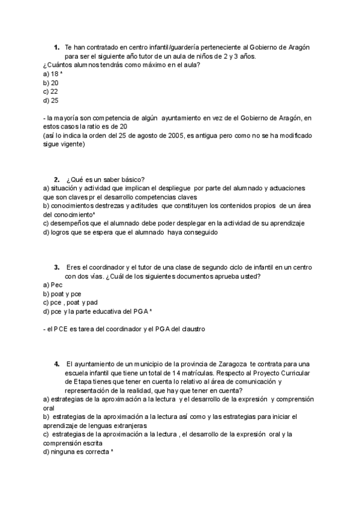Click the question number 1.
pyautogui.click(x=56, y=47)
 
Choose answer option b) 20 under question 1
pyautogui.click(x=51, y=83)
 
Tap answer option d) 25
pyautogui.click(x=51, y=101)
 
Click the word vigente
pyautogui.click(x=70, y=145)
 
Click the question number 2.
pyautogui.click(x=56, y=179)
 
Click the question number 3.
pyautogui.click(x=56, y=267)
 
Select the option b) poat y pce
pyautogui.click(x=62, y=294)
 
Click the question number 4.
pyautogui.click(x=56, y=364)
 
